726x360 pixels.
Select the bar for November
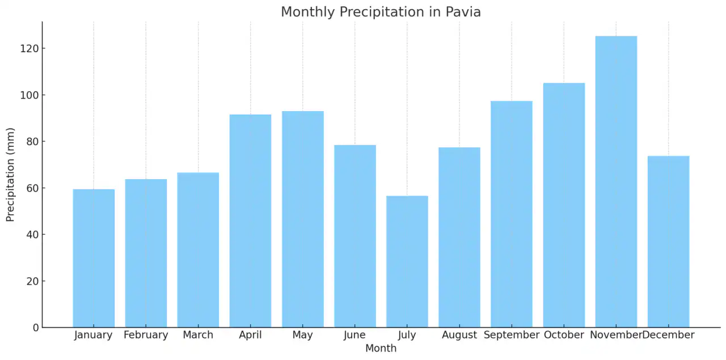616,181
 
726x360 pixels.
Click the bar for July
407,261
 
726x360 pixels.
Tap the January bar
94,258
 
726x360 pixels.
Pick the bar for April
250,221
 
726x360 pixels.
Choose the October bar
564,205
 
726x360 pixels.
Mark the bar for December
668,242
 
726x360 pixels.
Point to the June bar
355,236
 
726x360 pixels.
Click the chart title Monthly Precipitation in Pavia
381,12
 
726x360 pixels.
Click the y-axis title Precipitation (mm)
11,174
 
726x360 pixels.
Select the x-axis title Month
381,348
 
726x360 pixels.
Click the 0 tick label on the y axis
35,328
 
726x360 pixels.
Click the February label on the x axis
146,335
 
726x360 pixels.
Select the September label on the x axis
512,335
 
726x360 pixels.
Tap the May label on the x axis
302,335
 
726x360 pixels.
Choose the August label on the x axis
459,335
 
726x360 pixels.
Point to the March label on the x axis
198,335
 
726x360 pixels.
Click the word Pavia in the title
462,12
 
